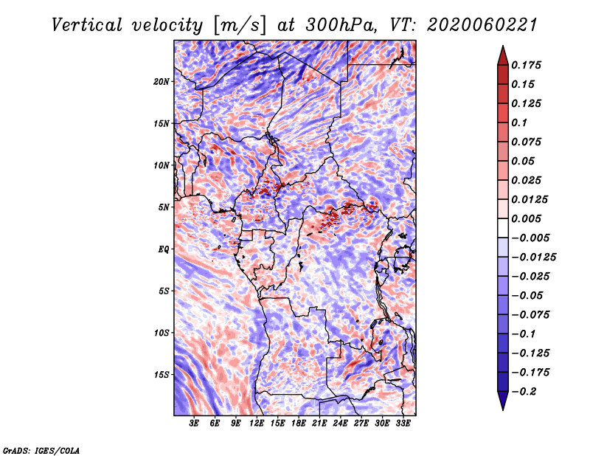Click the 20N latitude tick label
coord(162,82)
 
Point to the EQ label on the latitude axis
coord(164,249)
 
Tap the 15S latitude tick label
coord(162,375)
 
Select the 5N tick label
coord(164,207)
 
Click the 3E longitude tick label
coord(194,424)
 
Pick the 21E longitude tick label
coord(319,424)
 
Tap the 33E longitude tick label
coord(403,424)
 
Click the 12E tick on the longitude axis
coord(257,424)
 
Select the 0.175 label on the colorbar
coord(526,65)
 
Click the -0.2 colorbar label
coord(523,392)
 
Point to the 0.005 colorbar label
coord(526,218)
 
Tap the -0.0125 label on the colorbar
coord(533,258)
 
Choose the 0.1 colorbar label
coord(519,122)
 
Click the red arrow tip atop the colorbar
coord(503,46)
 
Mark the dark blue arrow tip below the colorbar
coord(503,410)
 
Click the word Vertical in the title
coord(87,25)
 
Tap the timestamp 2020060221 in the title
coord(482,25)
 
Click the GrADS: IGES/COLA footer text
coord(41,450)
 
